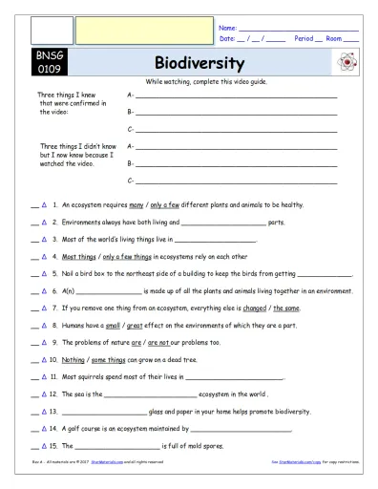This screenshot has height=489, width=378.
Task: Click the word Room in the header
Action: click(335, 39)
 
